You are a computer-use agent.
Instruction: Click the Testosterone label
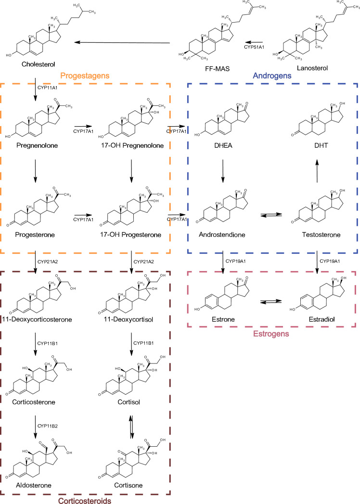[316, 234]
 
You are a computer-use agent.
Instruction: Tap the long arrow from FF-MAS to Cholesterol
[122, 43]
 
